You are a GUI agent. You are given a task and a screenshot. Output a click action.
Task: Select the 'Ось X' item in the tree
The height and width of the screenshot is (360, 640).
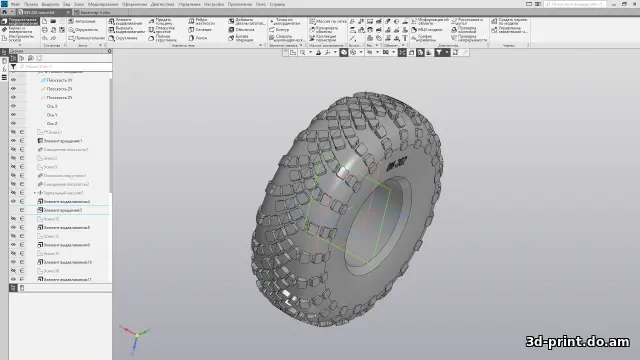[x=52, y=106]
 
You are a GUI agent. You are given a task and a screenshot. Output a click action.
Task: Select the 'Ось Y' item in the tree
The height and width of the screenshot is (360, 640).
[x=52, y=115]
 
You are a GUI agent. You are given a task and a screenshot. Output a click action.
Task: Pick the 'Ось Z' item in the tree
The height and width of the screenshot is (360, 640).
[x=52, y=124]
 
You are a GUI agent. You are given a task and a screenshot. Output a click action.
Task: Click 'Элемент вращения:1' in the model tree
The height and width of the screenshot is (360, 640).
[x=61, y=141]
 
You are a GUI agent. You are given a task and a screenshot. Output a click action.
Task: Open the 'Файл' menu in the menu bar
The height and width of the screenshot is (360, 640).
[x=15, y=4]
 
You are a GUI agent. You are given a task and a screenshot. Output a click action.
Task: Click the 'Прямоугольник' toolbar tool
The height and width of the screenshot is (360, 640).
[x=87, y=38]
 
